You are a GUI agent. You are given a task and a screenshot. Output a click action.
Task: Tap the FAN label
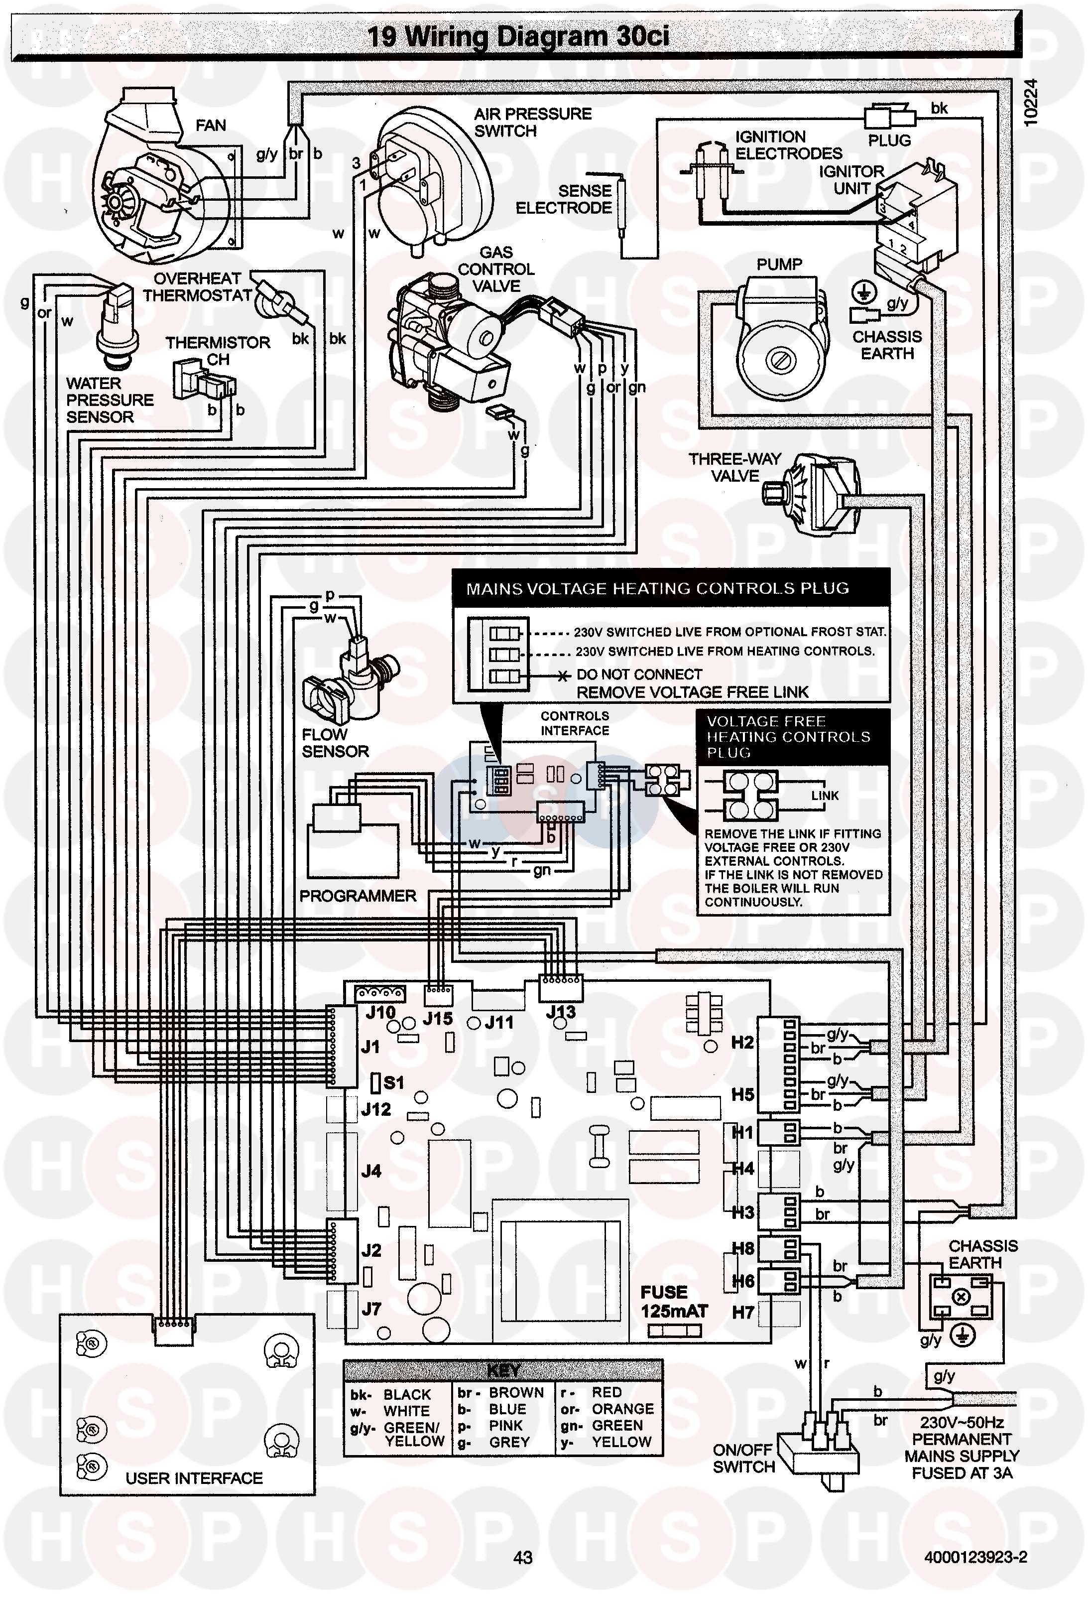click(210, 125)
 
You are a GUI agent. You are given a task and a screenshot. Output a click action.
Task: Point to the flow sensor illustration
click(348, 676)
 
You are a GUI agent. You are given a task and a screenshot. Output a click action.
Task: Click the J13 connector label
click(560, 1011)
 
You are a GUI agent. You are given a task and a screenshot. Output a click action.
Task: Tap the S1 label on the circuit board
click(393, 1082)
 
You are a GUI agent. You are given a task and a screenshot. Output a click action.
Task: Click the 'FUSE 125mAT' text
click(674, 1302)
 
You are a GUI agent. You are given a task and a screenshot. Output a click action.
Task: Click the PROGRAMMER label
click(357, 896)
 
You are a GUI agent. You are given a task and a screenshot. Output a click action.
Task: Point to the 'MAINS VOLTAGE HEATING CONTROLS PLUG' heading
click(657, 588)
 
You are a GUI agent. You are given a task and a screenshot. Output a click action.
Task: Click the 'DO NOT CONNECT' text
click(639, 674)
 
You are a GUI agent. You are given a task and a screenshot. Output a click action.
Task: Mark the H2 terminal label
click(742, 1042)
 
